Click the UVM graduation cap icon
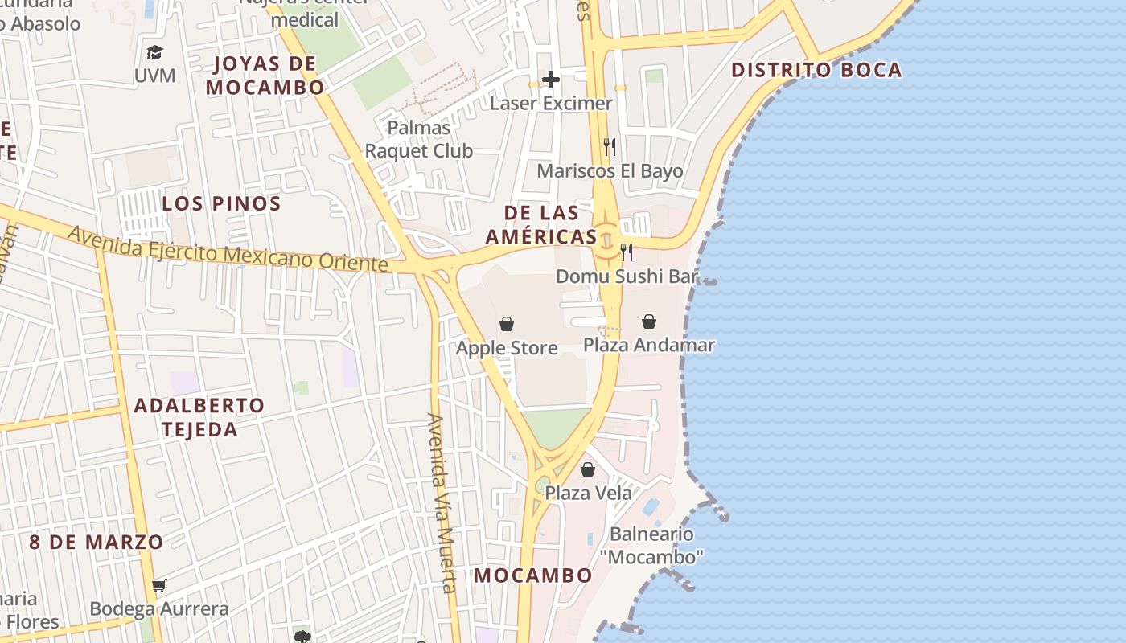click(154, 53)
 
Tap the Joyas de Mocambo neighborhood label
click(265, 76)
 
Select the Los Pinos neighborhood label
click(221, 203)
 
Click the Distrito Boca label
click(816, 70)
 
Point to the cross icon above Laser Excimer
click(551, 80)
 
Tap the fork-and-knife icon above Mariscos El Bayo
click(610, 147)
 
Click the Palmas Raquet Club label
click(419, 139)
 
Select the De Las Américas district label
click(541, 224)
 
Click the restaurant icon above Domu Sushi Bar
click(627, 252)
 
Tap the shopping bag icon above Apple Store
click(507, 324)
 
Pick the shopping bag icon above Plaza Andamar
click(649, 321)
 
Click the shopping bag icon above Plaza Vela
click(588, 469)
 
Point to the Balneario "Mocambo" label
click(651, 545)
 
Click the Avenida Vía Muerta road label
click(443, 502)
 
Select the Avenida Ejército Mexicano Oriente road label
click(228, 250)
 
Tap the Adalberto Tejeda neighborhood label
click(199, 417)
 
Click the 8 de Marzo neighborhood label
click(97, 542)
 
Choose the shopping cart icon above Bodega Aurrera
click(159, 585)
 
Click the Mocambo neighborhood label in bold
click(532, 575)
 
